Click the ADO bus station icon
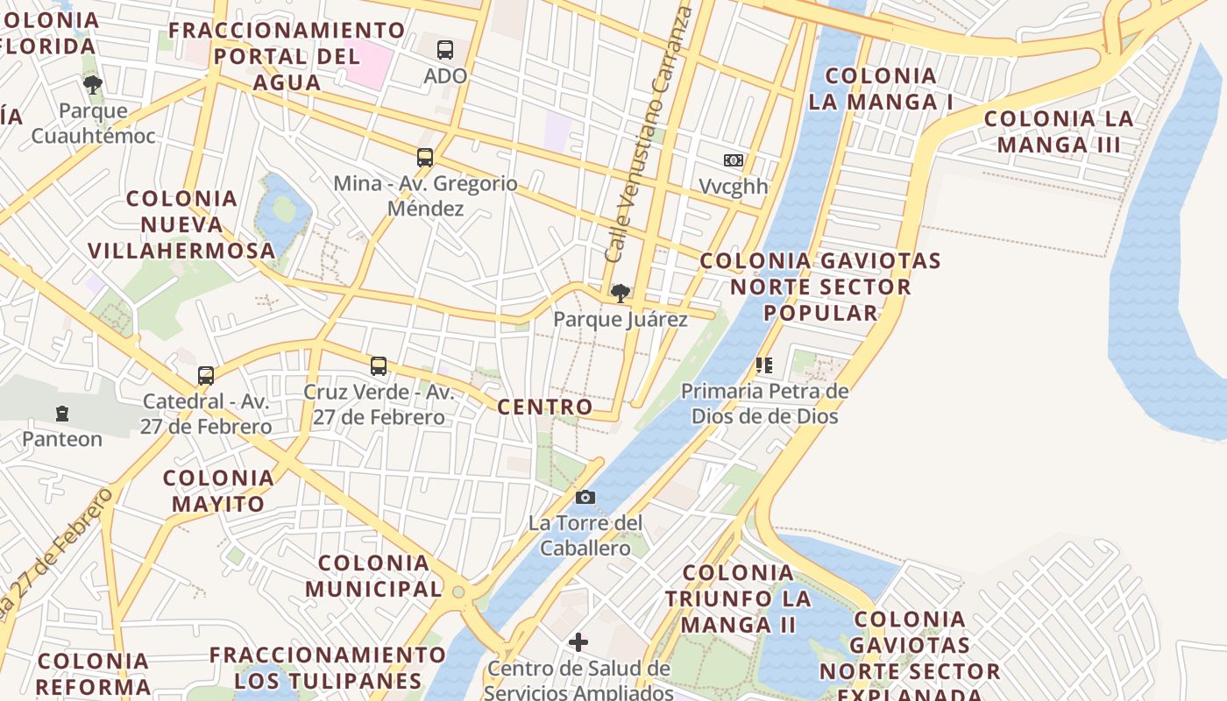[445, 50]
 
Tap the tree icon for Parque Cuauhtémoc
[93, 85]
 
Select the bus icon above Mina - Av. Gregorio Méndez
[425, 158]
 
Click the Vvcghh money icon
[734, 160]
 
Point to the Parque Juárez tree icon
[621, 293]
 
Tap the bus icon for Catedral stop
[206, 376]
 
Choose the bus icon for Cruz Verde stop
[379, 366]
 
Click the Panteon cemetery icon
[62, 413]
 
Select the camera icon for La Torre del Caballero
[585, 498]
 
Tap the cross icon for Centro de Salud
[578, 642]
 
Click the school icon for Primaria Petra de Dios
[764, 365]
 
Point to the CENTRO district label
[545, 407]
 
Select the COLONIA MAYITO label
[218, 491]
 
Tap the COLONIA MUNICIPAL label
[373, 576]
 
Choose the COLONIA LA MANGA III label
[1059, 131]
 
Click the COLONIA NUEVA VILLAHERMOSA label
[182, 224]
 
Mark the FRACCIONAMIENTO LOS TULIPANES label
[328, 668]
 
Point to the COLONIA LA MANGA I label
[881, 89]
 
